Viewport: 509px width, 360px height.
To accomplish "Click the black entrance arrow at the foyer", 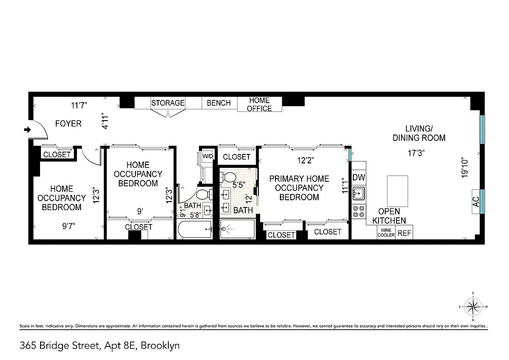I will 27,130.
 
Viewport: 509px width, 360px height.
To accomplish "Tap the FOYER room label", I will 68,123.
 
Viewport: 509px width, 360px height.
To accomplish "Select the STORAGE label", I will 168,103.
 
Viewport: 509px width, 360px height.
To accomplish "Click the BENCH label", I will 219,103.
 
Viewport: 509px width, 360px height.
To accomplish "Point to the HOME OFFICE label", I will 260,104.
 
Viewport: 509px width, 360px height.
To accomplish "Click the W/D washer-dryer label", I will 207,156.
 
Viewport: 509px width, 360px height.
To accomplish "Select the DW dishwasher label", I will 359,177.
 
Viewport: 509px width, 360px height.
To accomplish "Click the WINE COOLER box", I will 386,232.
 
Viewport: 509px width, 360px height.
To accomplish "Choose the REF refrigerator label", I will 404,234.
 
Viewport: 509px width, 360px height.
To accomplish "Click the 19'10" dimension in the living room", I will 465,168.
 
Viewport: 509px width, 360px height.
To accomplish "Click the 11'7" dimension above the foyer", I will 79,106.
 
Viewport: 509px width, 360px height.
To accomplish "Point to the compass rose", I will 473,307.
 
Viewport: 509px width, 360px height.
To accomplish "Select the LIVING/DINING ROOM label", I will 419,133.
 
